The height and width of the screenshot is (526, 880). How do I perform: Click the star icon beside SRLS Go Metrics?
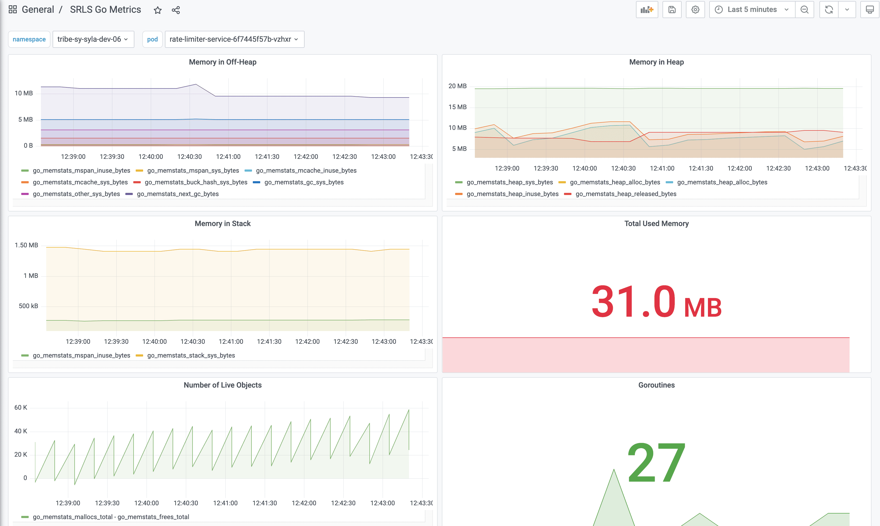point(158,10)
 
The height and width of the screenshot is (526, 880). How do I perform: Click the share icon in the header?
point(176,10)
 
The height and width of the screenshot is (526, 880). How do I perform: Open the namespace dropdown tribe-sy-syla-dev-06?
point(93,39)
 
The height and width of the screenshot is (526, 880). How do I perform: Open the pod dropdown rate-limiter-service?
point(234,39)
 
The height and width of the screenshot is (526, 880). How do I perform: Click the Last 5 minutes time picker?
point(752,10)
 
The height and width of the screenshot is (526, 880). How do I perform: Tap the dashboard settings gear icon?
point(695,10)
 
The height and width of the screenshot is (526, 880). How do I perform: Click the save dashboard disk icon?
point(672,10)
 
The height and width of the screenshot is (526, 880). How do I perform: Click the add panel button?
point(647,10)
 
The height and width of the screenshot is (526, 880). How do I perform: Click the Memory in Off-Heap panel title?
point(223,62)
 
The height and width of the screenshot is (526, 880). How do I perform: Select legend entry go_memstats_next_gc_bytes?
point(177,194)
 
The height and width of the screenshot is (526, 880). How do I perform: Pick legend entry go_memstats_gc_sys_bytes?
point(304,182)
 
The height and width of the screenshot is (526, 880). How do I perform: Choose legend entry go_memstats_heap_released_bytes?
point(626,194)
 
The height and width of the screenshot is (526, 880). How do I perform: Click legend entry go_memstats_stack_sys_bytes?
point(191,355)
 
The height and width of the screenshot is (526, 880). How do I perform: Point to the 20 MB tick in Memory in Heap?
point(457,86)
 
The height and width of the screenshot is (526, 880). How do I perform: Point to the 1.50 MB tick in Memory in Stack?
point(26,245)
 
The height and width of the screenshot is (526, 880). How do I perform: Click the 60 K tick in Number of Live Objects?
point(20,408)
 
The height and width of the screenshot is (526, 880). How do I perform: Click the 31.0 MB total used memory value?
point(656,302)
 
